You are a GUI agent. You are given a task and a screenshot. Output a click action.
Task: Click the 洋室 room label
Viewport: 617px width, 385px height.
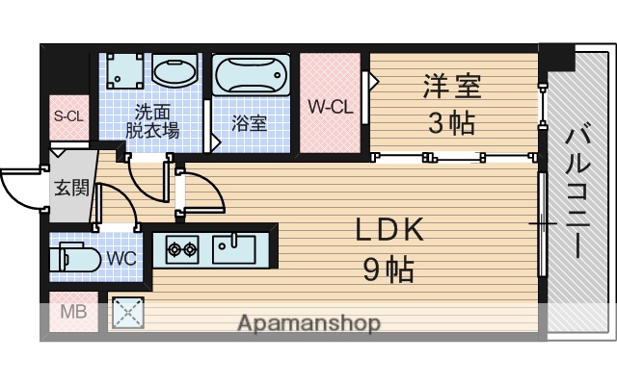[450, 87]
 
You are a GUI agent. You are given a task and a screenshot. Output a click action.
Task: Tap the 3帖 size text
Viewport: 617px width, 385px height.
[450, 123]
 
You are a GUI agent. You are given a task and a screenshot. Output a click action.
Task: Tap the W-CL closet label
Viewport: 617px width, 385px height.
[330, 107]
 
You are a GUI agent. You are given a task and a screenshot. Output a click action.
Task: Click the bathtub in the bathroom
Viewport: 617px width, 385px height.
[250, 74]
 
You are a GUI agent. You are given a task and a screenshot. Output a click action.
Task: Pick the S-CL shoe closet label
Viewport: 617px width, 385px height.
[68, 117]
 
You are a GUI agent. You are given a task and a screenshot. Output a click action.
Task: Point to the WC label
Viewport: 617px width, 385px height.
[121, 258]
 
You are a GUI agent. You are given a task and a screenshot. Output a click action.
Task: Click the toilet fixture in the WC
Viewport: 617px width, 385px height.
[75, 259]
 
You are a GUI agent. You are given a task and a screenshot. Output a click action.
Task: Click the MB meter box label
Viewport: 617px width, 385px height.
[73, 312]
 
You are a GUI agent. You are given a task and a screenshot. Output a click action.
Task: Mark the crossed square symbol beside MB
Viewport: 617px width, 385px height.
[126, 312]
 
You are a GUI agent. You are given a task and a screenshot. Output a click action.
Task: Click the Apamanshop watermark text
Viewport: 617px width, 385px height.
[308, 322]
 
